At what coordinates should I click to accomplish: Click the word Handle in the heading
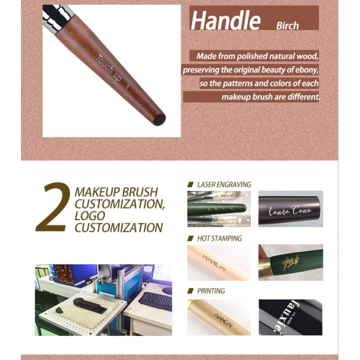pos(225,20)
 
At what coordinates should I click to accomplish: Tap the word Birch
pos(287,26)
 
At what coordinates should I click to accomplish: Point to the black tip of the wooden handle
pos(159,119)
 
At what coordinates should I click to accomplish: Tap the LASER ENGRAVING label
pos(223,185)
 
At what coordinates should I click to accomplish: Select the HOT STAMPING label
pos(218,238)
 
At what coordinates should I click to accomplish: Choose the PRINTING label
pos(211,291)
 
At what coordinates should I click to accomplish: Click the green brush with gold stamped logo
pos(290,262)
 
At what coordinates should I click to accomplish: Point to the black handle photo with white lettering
pos(290,317)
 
